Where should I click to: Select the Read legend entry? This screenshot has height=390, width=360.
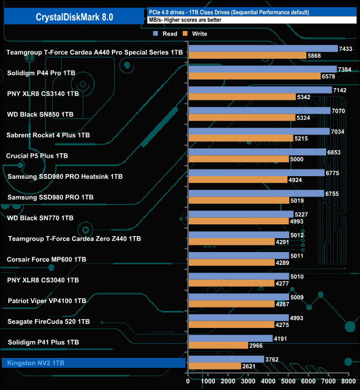pyautogui.click(x=166, y=34)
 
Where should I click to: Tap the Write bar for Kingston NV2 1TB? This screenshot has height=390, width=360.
pyautogui.click(x=214, y=366)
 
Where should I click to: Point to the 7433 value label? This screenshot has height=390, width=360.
pyautogui.click(x=346, y=49)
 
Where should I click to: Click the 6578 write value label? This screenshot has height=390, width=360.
pyautogui.click(x=328, y=76)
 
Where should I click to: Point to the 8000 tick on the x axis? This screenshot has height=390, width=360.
pyautogui.click(x=348, y=382)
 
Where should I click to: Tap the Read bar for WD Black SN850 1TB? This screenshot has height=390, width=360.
pyautogui.click(x=259, y=111)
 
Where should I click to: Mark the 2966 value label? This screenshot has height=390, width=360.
pyautogui.click(x=256, y=345)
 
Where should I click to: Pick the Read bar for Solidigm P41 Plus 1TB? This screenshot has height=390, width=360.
pyautogui.click(x=230, y=338)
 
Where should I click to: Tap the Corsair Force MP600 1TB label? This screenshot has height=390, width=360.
pyautogui.click(x=46, y=259)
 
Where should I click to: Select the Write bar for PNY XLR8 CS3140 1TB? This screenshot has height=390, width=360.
pyautogui.click(x=241, y=97)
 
